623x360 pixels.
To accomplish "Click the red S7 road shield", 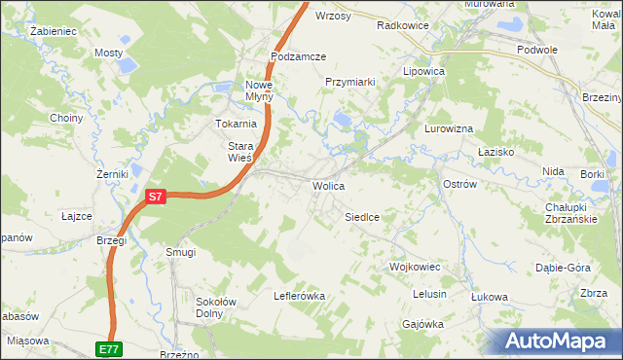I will (157, 197).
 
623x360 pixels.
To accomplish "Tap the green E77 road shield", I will (110, 347).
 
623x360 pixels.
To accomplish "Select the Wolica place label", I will (328, 185).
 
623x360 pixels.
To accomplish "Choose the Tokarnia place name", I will (236, 124).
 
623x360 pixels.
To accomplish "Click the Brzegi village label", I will (112, 240).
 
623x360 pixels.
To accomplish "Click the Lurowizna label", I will (449, 128).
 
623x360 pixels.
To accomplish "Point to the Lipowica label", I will (424, 72).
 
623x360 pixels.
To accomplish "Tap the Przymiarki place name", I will (350, 83).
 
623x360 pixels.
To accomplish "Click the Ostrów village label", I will (458, 184).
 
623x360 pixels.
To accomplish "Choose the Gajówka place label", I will (422, 324).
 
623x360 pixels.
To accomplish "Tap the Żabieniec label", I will (54, 31).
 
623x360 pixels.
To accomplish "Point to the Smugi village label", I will (181, 252).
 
